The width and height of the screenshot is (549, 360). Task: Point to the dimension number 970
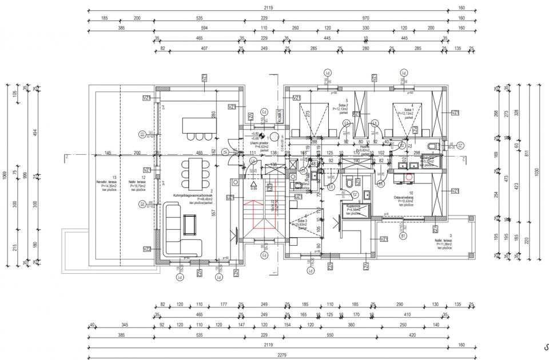point(365,18)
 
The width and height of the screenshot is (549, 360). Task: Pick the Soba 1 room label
point(408,110)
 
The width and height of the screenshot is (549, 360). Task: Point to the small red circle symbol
point(409,177)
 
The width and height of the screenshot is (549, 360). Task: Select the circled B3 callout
point(142,134)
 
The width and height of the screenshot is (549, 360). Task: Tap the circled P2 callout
point(142,204)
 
